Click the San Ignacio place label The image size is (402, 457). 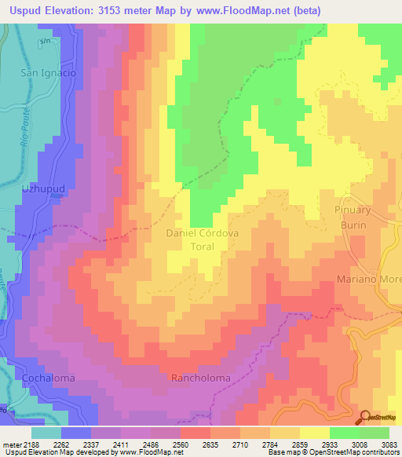pos(48,72)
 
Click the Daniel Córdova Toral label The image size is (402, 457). pos(200,239)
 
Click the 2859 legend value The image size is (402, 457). pos(301,444)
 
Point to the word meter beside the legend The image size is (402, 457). pos(14,444)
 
